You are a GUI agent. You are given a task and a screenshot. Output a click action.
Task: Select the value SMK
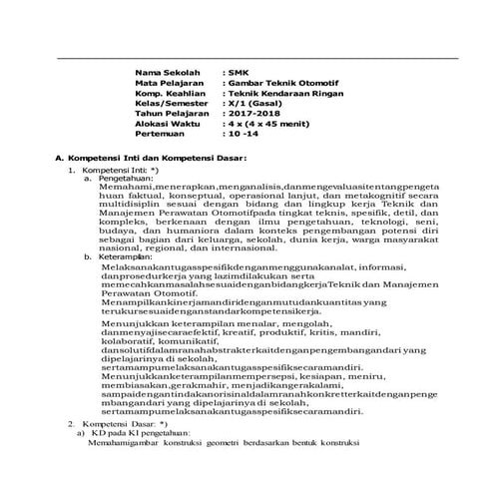pyautogui.click(x=237, y=73)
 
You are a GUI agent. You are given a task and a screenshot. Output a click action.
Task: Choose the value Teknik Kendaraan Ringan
pyautogui.click(x=281, y=98)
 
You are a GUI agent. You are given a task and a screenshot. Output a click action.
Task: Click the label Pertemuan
pyautogui.click(x=164, y=146)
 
